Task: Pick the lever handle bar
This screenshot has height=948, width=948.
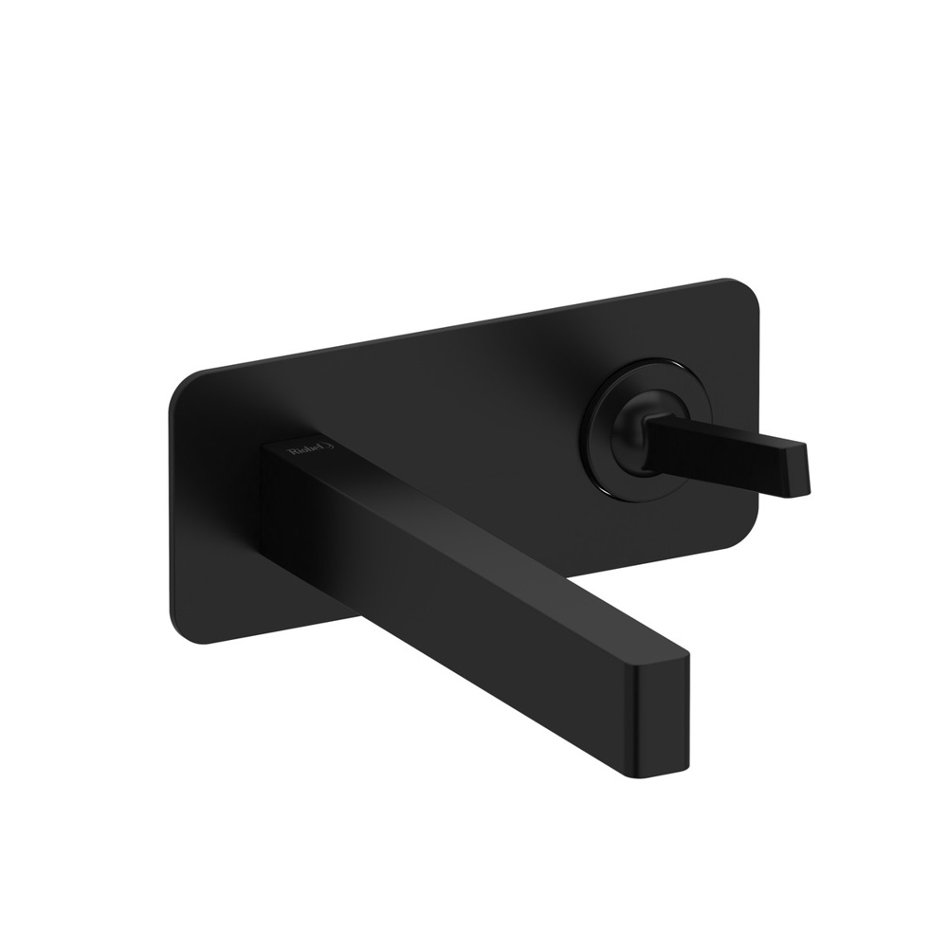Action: coord(730,449)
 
